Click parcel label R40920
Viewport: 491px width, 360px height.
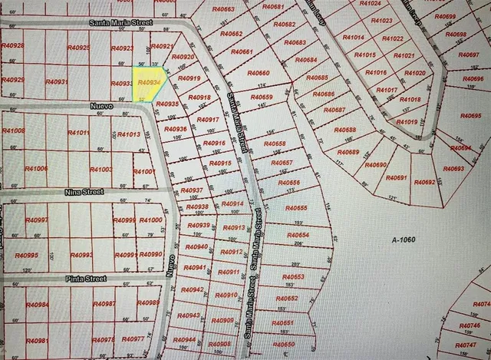[x=184, y=58]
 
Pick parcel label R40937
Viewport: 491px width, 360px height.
[x=191, y=190]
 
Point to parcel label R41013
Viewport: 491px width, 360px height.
[x=128, y=135]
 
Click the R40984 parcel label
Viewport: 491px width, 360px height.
[x=37, y=305]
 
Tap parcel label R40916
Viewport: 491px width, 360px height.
[x=213, y=144]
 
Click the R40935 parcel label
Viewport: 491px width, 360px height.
[x=166, y=104]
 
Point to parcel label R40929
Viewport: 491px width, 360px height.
[x=13, y=80]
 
